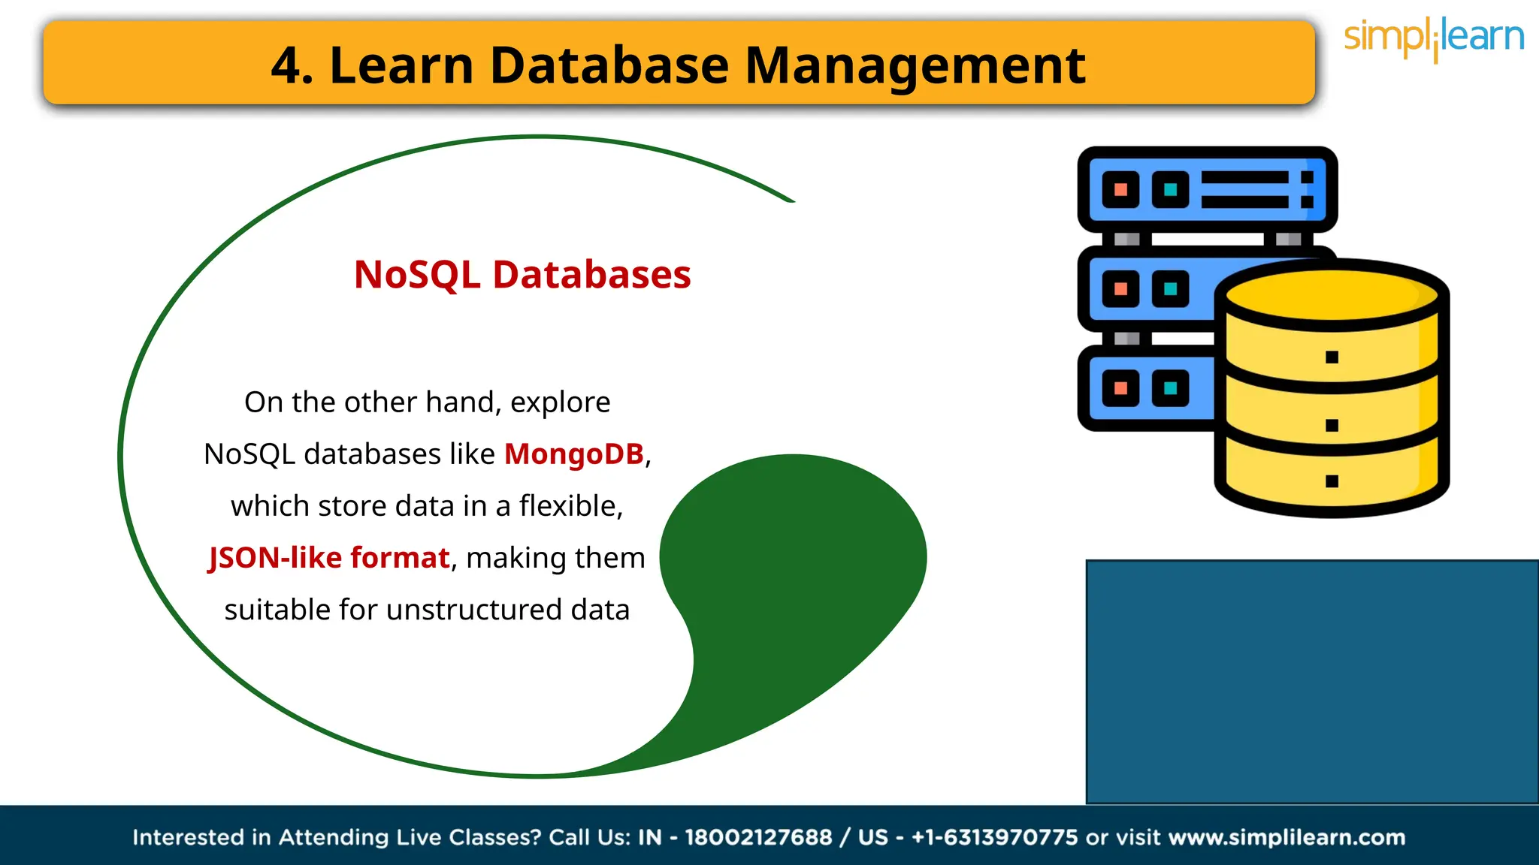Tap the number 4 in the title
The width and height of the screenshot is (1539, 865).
pos(286,66)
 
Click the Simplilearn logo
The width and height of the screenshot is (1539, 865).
pos(1433,38)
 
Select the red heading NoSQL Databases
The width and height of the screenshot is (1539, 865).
pos(522,274)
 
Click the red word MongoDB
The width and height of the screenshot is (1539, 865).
pos(573,454)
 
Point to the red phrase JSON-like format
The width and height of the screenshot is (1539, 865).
pos(328,558)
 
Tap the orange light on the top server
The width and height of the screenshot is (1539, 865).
pos(1120,189)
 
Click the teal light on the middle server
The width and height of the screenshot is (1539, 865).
pos(1170,289)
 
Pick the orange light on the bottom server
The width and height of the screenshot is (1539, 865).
pos(1120,388)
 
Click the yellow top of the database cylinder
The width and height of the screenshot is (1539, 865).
pos(1332,294)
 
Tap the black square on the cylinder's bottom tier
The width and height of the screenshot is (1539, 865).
pos(1332,481)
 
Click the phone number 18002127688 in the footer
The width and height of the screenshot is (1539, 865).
pos(758,837)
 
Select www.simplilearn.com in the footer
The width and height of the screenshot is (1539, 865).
pos(1287,837)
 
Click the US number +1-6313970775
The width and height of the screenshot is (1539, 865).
pos(994,837)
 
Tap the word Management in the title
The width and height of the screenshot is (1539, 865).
pos(915,65)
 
